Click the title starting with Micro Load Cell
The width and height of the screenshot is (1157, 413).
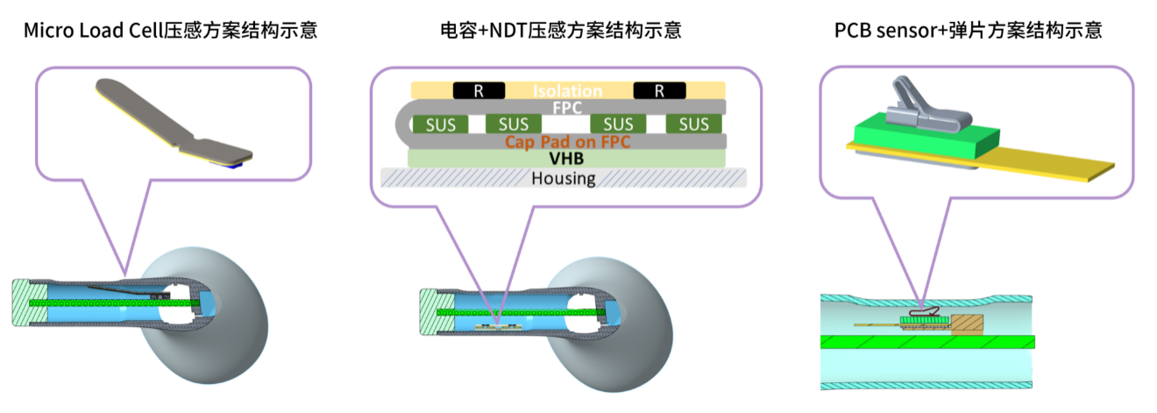click(x=170, y=31)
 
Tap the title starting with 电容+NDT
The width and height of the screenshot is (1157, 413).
click(x=561, y=31)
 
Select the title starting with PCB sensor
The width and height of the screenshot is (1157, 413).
click(x=969, y=31)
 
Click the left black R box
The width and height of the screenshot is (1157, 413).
click(x=479, y=90)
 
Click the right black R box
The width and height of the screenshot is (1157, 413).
click(x=659, y=90)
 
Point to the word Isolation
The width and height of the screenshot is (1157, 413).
click(x=569, y=90)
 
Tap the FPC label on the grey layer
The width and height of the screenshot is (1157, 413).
click(x=568, y=107)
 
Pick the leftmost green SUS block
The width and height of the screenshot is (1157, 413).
click(x=440, y=125)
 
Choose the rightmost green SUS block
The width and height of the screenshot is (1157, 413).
click(x=693, y=125)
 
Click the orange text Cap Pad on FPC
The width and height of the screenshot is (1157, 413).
click(x=568, y=141)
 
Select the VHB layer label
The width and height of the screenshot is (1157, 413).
click(x=568, y=159)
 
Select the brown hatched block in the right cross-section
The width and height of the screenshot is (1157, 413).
click(x=968, y=325)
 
